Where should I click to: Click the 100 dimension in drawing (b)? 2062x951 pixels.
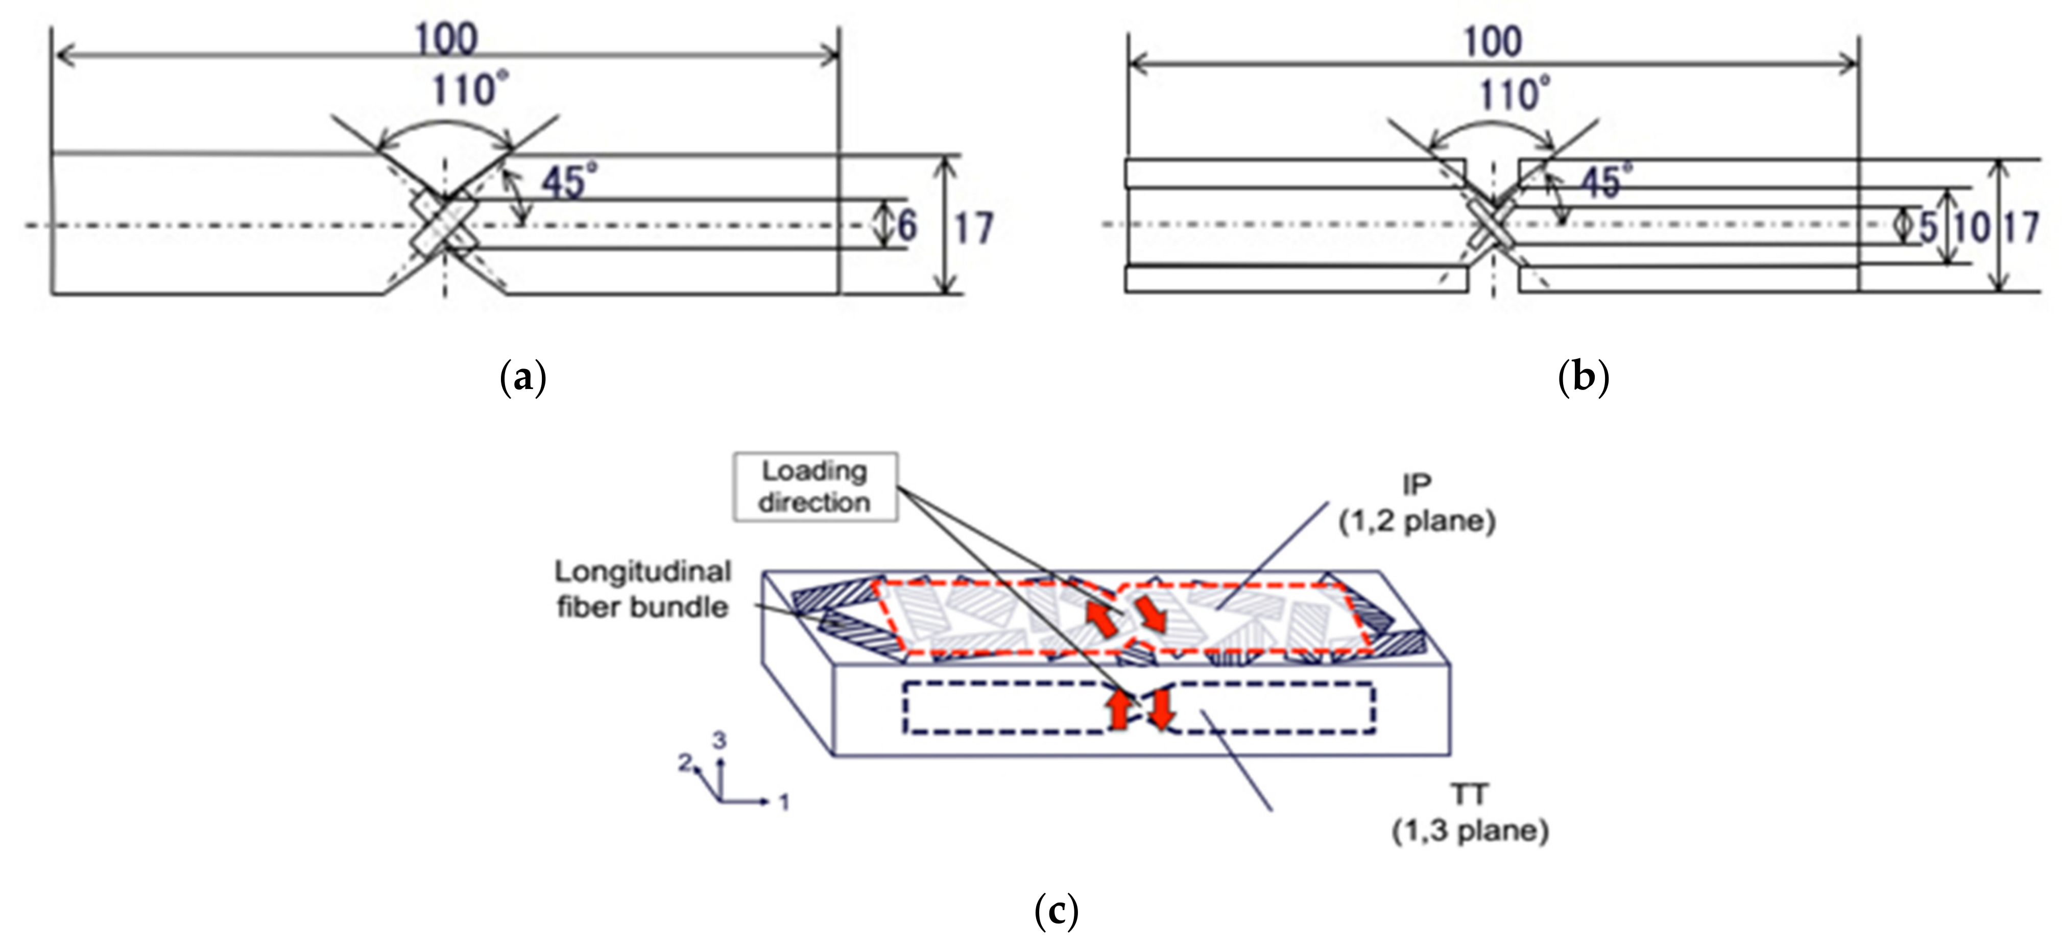tap(1492, 42)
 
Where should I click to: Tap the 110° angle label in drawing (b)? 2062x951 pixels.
tap(1514, 94)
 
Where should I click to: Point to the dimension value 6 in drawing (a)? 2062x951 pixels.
tap(907, 226)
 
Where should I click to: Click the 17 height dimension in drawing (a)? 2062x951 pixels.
tap(973, 229)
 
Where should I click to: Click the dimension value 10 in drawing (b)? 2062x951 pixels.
tap(1971, 227)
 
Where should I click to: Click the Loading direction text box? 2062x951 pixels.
tap(815, 486)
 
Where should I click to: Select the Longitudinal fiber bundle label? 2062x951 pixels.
tap(643, 589)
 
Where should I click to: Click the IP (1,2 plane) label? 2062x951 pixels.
tap(1417, 504)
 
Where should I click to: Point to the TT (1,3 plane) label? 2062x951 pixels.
tap(1470, 813)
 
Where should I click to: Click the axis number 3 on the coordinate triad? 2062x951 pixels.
tap(720, 741)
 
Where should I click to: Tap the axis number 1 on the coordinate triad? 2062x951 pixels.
tap(784, 801)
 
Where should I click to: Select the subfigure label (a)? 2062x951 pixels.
tap(523, 376)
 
